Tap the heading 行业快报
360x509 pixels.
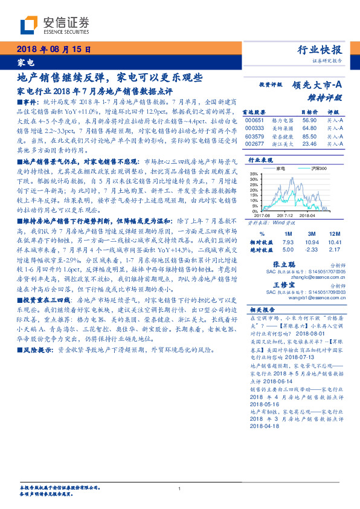pos(321,50)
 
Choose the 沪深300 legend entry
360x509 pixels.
pos(310,167)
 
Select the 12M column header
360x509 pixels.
pos(334,233)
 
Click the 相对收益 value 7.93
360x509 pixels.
pos(288,241)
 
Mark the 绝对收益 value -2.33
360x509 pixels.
pos(312,248)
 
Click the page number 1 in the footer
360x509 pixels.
pos(180,488)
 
